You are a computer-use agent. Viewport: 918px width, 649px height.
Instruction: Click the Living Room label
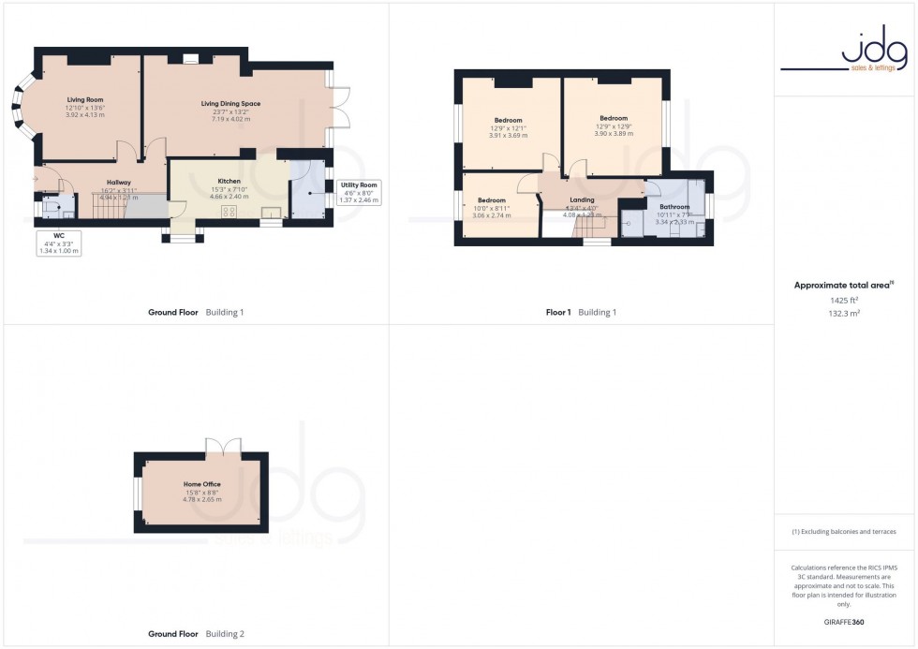coord(85,98)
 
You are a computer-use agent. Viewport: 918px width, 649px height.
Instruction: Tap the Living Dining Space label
coord(230,104)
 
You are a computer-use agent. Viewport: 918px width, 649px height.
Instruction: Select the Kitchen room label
coord(229,181)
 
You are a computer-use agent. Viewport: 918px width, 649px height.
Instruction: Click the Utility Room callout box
coord(358,193)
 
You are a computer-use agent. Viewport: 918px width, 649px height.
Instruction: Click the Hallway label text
coord(118,183)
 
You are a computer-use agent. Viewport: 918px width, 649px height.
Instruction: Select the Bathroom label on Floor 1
coord(674,207)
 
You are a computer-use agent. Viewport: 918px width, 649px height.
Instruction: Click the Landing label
coord(581,199)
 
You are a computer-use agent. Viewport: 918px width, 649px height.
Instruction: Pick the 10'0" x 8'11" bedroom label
coord(492,200)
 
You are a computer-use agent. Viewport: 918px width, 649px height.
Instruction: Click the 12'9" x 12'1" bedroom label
coord(508,121)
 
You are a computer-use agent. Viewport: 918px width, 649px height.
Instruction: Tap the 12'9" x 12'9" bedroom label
coord(614,118)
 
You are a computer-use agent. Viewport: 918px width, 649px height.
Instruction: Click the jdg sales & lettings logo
coord(845,51)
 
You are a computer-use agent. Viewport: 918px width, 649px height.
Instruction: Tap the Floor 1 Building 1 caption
coord(581,312)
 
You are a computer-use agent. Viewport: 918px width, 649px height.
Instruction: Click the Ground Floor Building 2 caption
coord(196,634)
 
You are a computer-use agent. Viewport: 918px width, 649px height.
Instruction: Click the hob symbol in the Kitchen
coord(229,211)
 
